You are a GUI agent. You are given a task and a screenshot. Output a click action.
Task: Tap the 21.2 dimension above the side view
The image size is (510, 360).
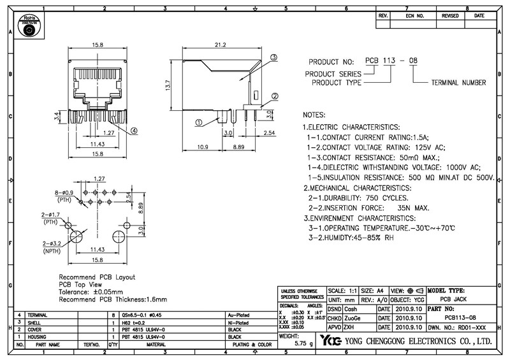pyautogui.click(x=221, y=45)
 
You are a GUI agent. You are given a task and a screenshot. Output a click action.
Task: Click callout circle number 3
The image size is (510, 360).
pyautogui.click(x=273, y=57)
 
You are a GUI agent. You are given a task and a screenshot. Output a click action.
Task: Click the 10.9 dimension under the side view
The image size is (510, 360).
pyautogui.click(x=203, y=147)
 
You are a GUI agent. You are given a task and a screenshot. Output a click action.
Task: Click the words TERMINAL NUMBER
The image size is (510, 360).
pyautogui.click(x=458, y=83)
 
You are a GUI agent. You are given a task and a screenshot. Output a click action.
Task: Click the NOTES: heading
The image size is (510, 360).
pyautogui.click(x=314, y=115)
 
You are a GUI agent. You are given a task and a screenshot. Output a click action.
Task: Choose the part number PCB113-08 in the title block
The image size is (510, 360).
pyautogui.click(x=460, y=317)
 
